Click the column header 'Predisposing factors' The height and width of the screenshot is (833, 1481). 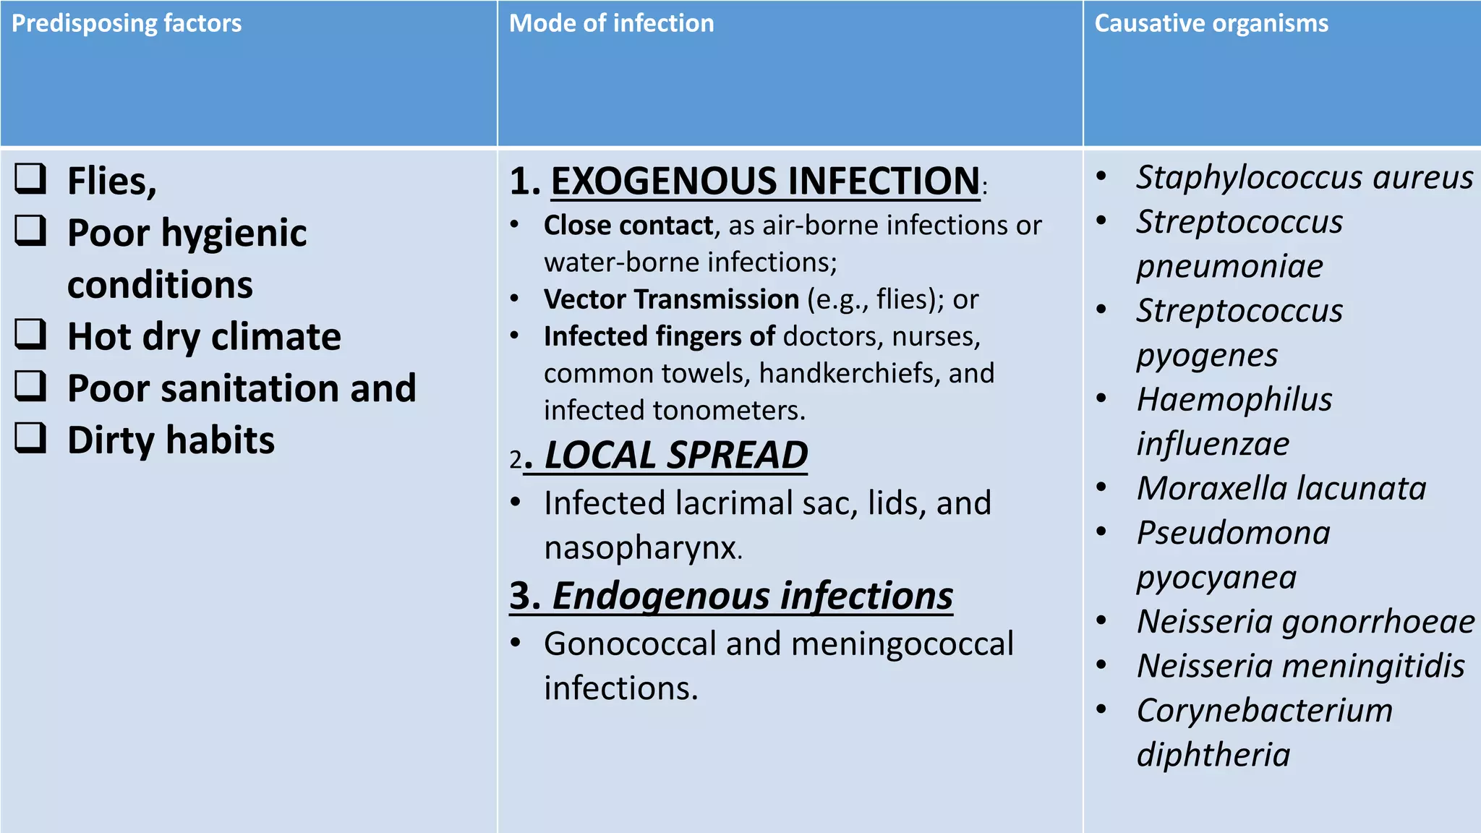[127, 23]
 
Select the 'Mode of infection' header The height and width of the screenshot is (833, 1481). [611, 23]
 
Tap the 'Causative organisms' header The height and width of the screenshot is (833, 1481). [1211, 23]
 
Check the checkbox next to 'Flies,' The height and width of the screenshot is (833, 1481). [30, 179]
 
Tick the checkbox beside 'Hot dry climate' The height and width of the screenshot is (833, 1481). [30, 335]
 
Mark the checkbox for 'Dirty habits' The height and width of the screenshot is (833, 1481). [30, 438]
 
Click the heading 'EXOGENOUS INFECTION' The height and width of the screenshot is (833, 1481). [765, 181]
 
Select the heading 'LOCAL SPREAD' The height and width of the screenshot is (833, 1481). [675, 456]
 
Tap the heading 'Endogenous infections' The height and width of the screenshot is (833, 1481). [752, 596]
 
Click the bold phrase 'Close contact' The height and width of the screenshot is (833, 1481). [628, 226]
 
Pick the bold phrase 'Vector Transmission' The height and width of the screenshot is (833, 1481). [671, 299]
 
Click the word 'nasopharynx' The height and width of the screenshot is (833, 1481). [643, 548]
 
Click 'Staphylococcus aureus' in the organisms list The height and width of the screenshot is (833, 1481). [1304, 178]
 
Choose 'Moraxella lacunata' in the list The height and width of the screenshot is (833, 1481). [1281, 489]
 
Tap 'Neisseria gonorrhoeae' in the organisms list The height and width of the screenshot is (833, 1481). [1305, 622]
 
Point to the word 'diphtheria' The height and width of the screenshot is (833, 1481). [1213, 755]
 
